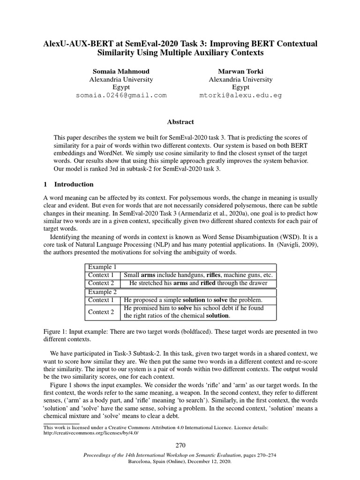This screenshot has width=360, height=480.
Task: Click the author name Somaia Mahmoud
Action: click(121, 71)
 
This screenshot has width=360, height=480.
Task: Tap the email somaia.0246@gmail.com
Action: click(121, 95)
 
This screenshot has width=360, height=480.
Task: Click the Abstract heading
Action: click(180, 122)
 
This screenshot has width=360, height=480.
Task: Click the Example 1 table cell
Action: click(102, 267)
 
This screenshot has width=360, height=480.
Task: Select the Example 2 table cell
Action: click(102, 292)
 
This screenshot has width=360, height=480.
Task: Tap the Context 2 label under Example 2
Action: click(101, 312)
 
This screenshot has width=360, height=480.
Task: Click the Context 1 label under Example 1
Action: click(101, 275)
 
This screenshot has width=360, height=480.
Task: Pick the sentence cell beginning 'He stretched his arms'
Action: click(198, 283)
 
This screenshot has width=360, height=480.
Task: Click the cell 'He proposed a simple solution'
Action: click(193, 300)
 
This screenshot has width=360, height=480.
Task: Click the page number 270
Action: click(180, 445)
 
